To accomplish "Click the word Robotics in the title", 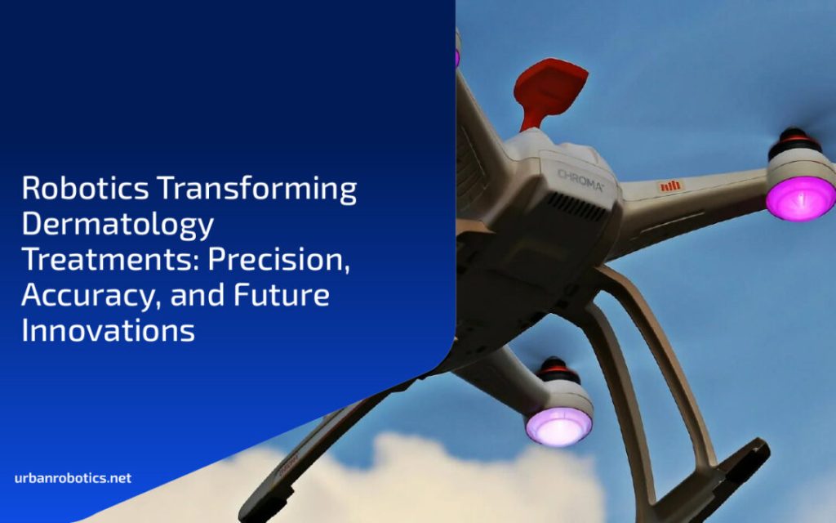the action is pyautogui.click(x=85, y=188).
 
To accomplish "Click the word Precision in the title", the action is pyautogui.click(x=279, y=260).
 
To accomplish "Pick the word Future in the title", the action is pyautogui.click(x=282, y=295).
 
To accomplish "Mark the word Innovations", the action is pyautogui.click(x=109, y=330).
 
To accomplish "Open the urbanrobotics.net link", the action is pyautogui.click(x=73, y=477).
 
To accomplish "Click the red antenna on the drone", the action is pyautogui.click(x=549, y=91).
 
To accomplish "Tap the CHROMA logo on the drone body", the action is pyautogui.click(x=580, y=181).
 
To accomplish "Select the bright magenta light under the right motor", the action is pyautogui.click(x=800, y=198).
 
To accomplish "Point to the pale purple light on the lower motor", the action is pyautogui.click(x=558, y=427).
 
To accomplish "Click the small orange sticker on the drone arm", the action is pyautogui.click(x=670, y=186).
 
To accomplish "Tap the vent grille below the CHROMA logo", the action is pyautogui.click(x=575, y=206).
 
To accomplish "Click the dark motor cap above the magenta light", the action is pyautogui.click(x=794, y=142).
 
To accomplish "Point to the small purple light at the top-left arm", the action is pyautogui.click(x=457, y=58).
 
